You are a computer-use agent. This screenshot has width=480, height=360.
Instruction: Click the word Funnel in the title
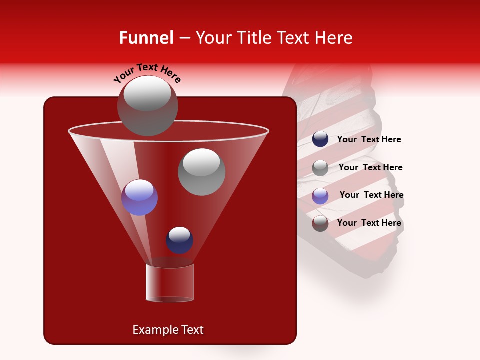pos(146,38)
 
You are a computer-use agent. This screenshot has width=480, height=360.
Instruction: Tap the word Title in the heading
pos(255,38)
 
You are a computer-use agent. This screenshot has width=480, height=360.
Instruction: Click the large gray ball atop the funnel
pos(148,106)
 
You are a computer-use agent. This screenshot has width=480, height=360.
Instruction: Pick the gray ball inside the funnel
pos(201,171)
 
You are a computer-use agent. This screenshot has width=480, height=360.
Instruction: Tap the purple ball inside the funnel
pos(139,197)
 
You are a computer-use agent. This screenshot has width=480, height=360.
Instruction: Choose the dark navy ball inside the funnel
pos(179,240)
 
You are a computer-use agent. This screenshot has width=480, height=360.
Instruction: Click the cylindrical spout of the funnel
pos(170,283)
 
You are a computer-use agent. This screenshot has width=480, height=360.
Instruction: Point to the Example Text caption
pos(168,330)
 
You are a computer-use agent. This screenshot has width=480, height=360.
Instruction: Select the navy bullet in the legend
pos(320,139)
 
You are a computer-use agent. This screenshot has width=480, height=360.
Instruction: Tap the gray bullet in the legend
pos(320,168)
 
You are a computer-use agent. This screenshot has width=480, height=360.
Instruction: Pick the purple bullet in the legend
pos(320,196)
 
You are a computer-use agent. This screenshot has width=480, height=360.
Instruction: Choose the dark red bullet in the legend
pos(320,223)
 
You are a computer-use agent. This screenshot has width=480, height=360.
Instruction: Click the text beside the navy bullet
pos(369,140)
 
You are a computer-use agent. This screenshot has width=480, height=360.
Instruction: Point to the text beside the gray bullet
pos(370,167)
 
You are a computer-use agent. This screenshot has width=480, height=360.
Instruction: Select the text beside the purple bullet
pos(371,195)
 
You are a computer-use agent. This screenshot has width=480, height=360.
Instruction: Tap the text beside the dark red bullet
pos(369,223)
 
